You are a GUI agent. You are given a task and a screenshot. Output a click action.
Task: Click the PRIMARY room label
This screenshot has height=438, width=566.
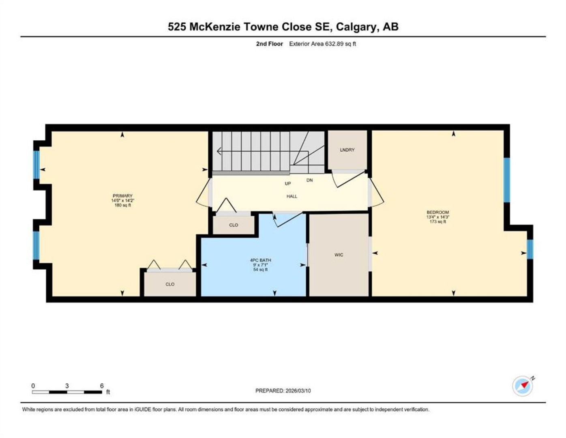pos(122,195)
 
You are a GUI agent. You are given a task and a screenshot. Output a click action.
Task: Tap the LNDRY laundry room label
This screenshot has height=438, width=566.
pos(347,150)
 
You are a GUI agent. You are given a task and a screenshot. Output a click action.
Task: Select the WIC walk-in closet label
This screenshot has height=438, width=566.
pos(339,255)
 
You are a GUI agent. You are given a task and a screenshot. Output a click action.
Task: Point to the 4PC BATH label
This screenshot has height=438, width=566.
pos(260,260)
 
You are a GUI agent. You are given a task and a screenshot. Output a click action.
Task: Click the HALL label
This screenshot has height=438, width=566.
pos(292,196)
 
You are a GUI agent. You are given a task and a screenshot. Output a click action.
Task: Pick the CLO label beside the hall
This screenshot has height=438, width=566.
pos(234,225)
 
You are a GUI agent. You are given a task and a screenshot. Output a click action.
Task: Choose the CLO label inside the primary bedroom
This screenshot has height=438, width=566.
pos(170,284)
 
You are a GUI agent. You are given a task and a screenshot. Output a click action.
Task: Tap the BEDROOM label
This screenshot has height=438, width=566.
pos(437,213)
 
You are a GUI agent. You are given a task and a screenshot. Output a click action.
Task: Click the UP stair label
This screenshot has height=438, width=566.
pos(287,184)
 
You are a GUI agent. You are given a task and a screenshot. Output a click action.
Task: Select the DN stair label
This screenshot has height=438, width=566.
pos(309,180)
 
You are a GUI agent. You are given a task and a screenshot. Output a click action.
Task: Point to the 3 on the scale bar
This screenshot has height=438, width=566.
pos(67,386)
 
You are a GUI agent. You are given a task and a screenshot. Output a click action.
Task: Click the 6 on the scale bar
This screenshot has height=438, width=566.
pos(102,386)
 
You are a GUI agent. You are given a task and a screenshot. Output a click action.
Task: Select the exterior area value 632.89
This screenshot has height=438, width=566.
pos(334,44)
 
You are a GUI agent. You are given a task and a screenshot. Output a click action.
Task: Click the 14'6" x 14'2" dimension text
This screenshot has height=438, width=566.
pos(122,201)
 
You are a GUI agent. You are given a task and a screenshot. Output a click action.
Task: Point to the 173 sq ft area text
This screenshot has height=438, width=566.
pos(437,222)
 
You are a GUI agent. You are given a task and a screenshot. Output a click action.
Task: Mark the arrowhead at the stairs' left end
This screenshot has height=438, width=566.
pos(219,151)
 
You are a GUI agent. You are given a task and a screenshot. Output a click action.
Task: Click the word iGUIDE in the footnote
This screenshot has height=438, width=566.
pos(143,409)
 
